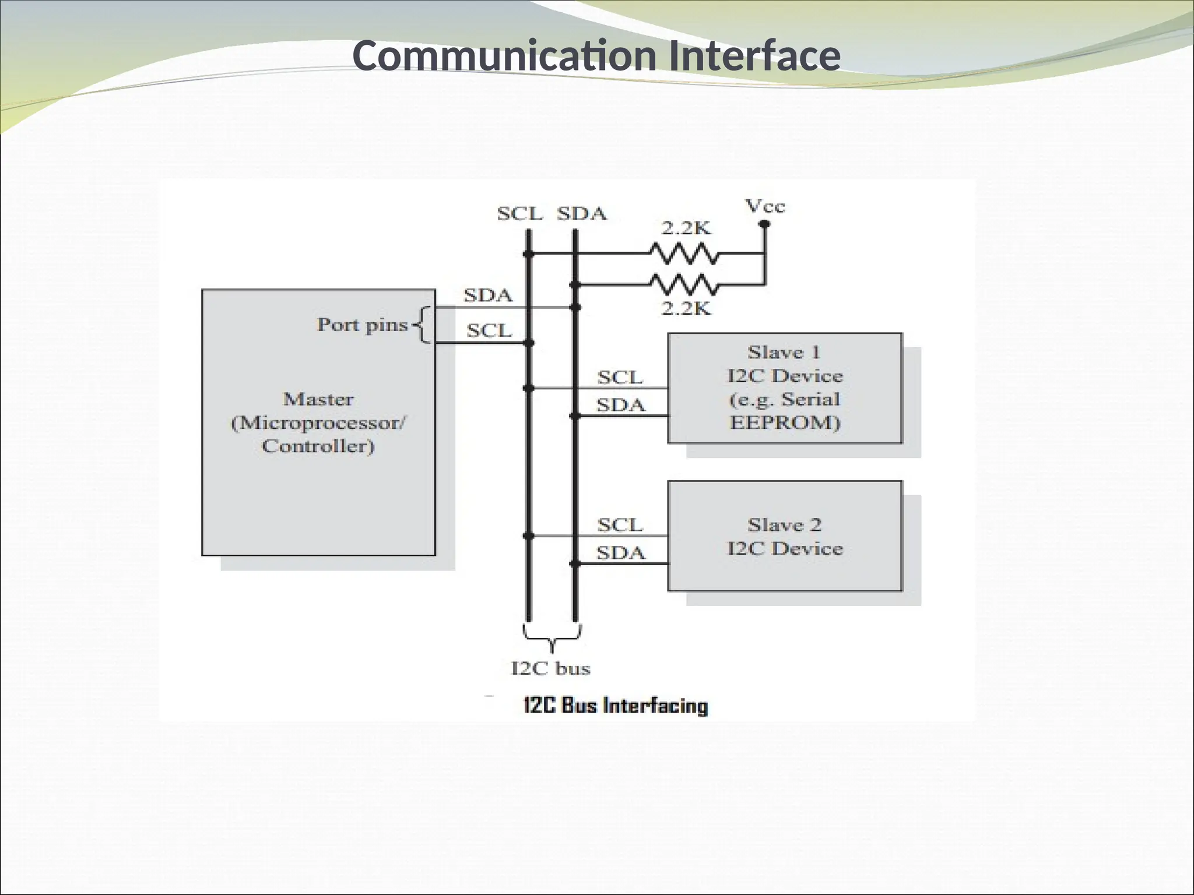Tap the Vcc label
pos(765,206)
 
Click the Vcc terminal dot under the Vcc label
pos(764,223)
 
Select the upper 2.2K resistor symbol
pos(684,253)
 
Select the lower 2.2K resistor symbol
pos(684,285)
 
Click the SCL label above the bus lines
pos(519,214)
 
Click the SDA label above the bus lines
pos(582,214)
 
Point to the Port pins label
pos(362,325)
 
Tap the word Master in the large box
pos(318,399)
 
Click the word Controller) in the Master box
pos(318,446)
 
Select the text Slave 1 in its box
pos(784,353)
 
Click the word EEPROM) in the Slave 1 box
pos(785,422)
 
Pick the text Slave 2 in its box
pos(784,525)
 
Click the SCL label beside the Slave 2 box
pos(620,525)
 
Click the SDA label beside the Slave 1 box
pos(620,404)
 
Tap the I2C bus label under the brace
pos(550,668)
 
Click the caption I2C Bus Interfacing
pos(616,706)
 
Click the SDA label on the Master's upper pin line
pos(488,295)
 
